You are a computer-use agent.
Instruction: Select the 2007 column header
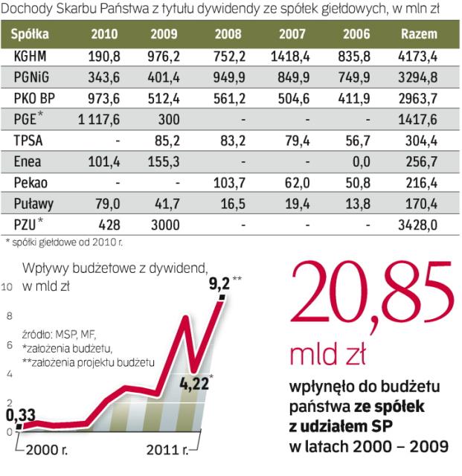click(292, 33)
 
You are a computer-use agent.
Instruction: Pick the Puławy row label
click(33, 202)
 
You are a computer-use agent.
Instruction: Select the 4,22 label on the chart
click(193, 385)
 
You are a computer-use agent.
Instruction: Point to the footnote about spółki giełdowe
click(63, 241)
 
